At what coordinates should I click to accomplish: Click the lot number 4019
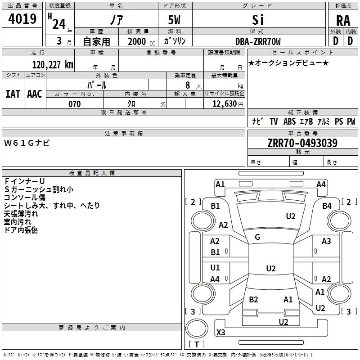(22, 20)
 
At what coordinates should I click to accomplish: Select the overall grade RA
(343, 21)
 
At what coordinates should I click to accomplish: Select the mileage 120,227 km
(53, 65)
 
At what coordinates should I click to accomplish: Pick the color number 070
(75, 104)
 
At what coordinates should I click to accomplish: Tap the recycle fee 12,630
(224, 104)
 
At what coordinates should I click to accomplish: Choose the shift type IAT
(13, 94)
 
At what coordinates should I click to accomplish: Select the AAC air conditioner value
(35, 94)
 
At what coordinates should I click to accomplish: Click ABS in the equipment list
(289, 121)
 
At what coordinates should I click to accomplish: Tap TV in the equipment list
(274, 121)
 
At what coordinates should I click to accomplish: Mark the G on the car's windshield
(257, 237)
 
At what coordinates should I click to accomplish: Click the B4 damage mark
(327, 206)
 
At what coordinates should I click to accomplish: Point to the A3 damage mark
(326, 241)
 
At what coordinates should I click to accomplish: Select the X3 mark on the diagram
(221, 333)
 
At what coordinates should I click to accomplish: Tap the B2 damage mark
(253, 299)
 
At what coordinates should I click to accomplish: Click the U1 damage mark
(215, 268)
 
